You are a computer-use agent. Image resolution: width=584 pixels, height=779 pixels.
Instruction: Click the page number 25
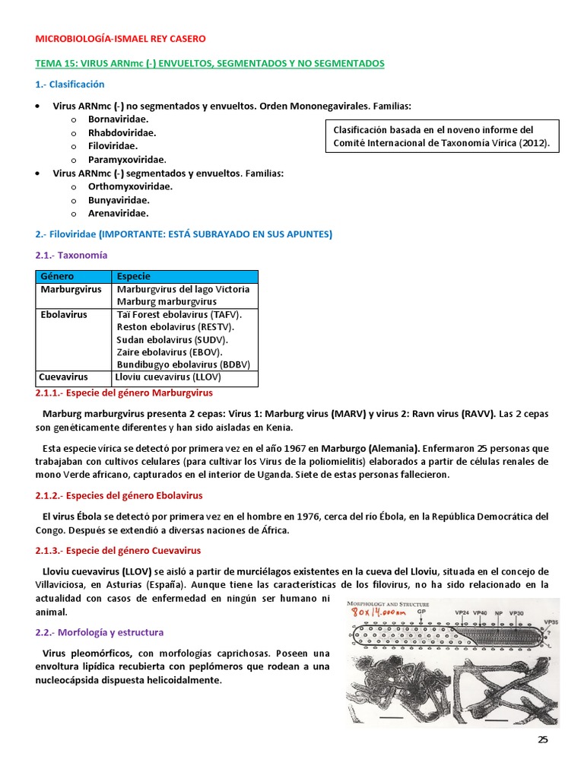[x=542, y=739]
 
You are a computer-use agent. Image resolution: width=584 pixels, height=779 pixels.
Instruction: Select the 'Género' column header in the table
[x=57, y=276]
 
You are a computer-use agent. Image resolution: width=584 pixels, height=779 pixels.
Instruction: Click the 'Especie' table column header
[x=134, y=276]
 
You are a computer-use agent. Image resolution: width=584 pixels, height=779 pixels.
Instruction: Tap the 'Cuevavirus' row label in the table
[x=64, y=377]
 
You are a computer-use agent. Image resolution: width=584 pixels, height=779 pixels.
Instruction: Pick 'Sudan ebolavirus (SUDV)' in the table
[x=172, y=339]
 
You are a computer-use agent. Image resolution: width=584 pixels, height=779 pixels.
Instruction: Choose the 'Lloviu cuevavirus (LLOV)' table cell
[x=167, y=377]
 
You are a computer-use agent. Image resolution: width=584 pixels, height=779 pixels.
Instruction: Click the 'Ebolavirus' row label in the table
[x=63, y=314]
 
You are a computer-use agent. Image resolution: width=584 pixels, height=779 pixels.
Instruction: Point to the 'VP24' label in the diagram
[x=462, y=612]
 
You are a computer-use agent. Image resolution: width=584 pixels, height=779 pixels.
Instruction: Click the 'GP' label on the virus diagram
[x=410, y=612]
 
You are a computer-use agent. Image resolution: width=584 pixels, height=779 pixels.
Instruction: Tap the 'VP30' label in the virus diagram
[x=516, y=612]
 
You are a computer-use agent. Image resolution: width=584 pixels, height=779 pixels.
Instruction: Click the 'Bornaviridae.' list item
[x=118, y=119]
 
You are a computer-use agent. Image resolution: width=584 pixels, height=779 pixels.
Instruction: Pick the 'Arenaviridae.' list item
[x=118, y=214]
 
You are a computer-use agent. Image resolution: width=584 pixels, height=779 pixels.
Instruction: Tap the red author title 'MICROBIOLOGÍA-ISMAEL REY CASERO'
[x=120, y=39]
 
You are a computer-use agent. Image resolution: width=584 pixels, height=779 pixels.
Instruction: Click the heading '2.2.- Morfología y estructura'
[x=100, y=632]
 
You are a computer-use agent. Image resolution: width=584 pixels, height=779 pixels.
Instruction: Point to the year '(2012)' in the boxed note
[x=534, y=142]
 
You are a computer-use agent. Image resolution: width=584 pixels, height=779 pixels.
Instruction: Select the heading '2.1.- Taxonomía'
[x=71, y=256]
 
